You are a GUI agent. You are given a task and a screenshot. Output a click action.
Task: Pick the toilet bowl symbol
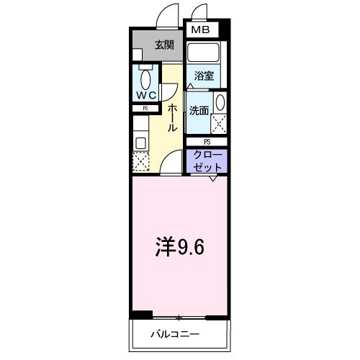(146, 79)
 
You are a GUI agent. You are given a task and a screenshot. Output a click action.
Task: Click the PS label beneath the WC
(145, 109)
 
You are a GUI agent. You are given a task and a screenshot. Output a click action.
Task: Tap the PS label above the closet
(207, 142)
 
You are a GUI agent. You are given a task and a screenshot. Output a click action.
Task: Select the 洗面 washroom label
(199, 110)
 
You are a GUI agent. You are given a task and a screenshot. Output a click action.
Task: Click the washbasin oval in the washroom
(220, 102)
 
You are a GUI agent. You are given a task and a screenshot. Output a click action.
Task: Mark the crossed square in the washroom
(220, 124)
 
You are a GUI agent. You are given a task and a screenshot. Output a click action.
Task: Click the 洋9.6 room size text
(181, 247)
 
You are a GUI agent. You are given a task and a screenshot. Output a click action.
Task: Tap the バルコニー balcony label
(175, 334)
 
